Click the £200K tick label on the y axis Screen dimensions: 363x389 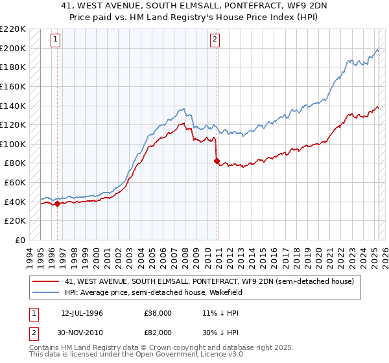coord(13,48)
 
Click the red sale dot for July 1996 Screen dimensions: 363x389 coord(57,204)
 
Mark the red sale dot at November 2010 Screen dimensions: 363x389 coord(217,161)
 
